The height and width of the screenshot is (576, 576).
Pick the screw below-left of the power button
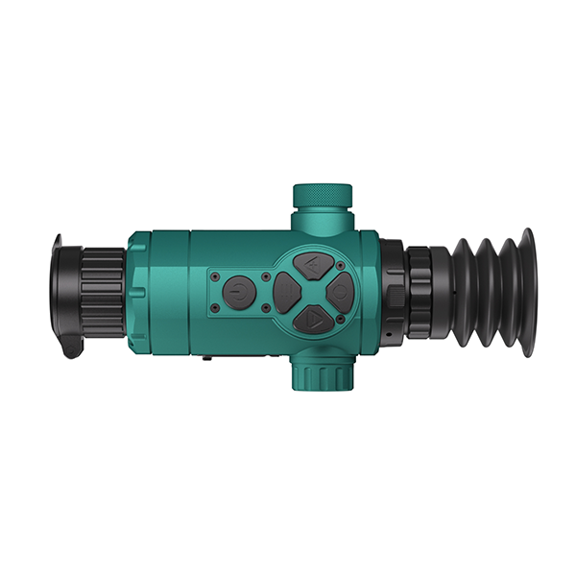[214, 307]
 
